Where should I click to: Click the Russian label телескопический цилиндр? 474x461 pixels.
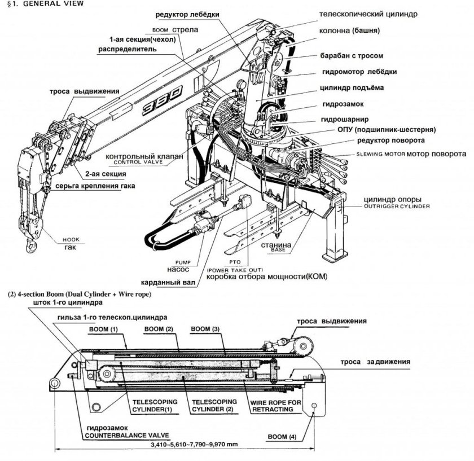(x=369, y=14)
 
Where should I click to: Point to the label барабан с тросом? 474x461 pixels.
(x=351, y=56)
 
